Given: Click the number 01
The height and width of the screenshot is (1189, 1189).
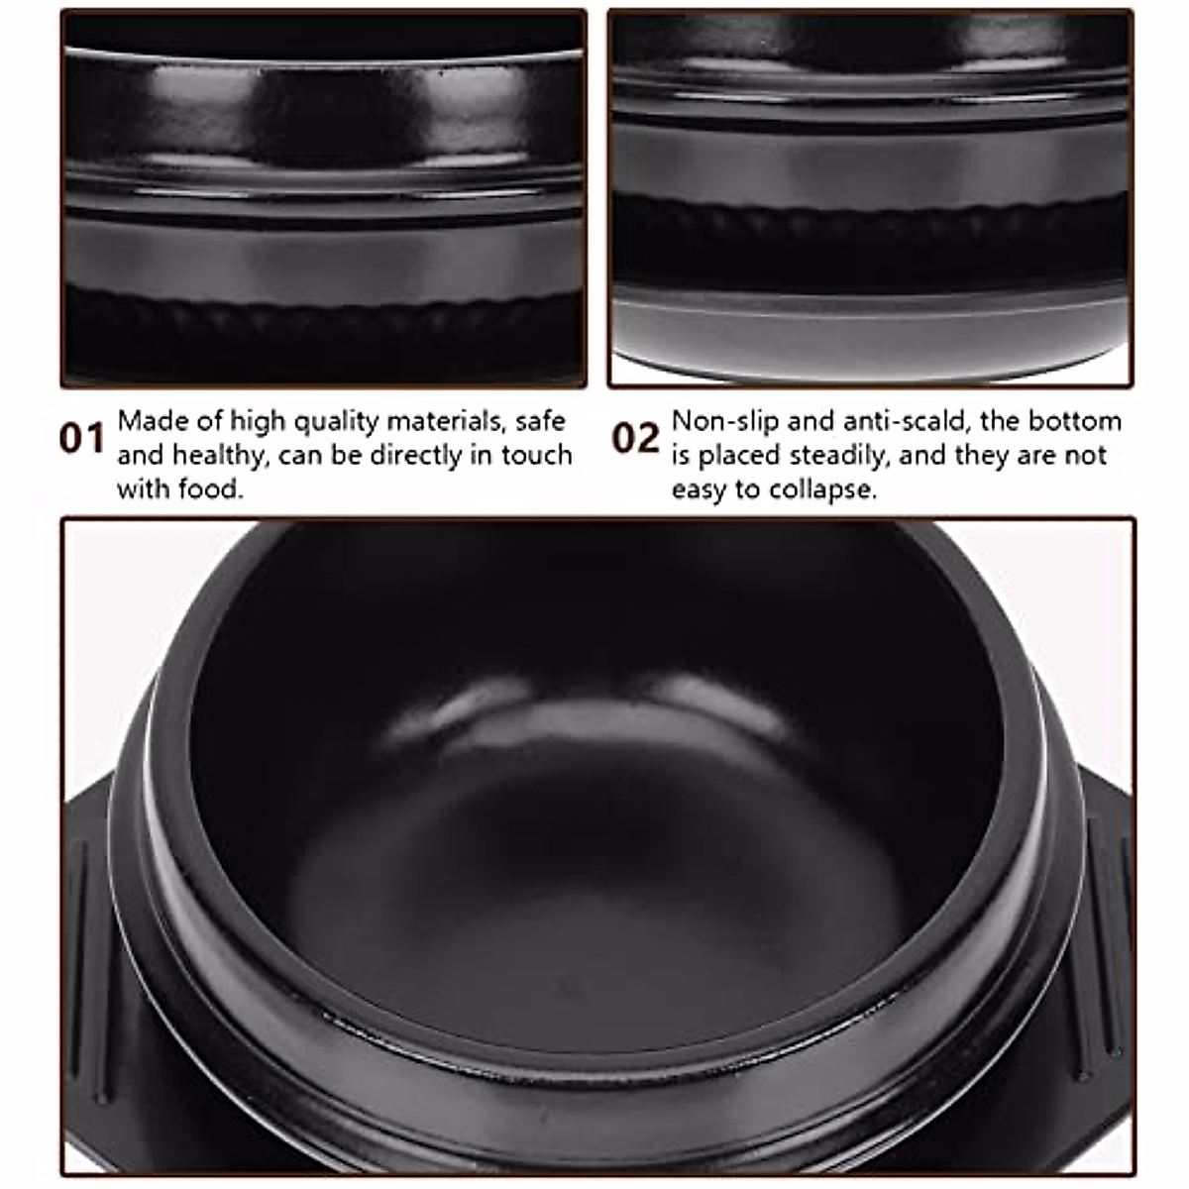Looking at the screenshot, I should (x=81, y=438).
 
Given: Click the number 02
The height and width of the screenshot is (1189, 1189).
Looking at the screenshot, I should (x=635, y=438).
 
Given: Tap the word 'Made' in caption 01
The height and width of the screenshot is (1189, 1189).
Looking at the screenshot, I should (x=152, y=421).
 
